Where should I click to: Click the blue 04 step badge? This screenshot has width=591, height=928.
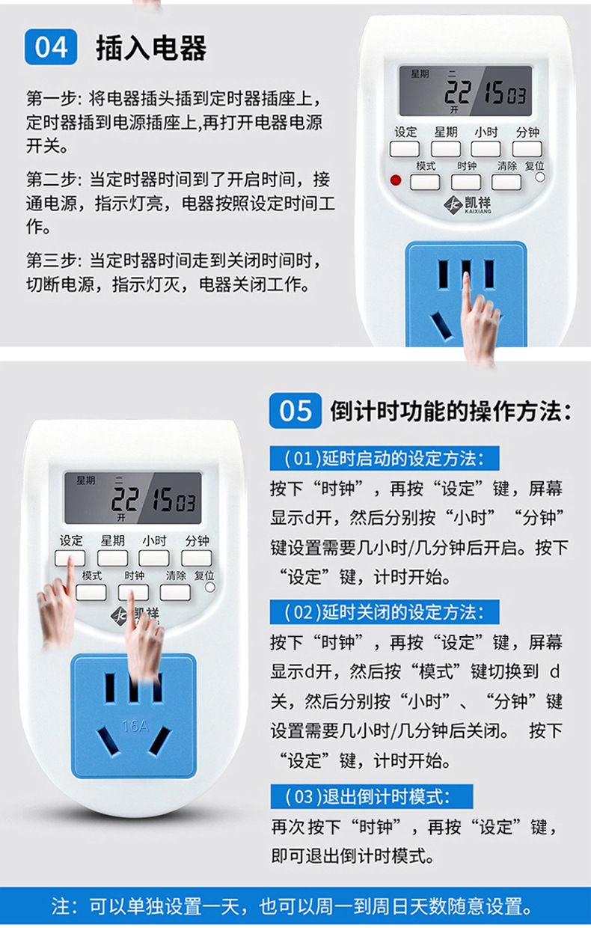tap(51, 47)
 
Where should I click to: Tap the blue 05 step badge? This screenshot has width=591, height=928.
tap(295, 411)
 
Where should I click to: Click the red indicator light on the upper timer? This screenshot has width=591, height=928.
tap(396, 180)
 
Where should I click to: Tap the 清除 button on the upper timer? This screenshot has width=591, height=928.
tap(506, 182)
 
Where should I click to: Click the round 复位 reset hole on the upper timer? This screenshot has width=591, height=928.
tap(540, 177)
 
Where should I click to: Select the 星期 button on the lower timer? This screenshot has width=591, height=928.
tap(113, 558)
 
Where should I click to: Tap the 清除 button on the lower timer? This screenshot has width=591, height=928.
tap(175, 593)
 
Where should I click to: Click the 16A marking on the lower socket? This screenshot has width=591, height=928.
tap(135, 725)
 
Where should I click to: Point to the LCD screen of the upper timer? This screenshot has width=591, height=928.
tap(465, 91)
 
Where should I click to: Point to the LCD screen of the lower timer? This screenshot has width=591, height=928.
tap(133, 498)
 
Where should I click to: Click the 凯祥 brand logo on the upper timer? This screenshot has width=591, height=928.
tap(468, 204)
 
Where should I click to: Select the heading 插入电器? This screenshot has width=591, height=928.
tap(151, 48)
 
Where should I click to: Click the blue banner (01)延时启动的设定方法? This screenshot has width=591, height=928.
tap(385, 458)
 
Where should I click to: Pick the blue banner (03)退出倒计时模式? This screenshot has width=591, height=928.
tap(371, 796)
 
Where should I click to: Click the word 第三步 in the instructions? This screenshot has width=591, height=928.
tap(52, 261)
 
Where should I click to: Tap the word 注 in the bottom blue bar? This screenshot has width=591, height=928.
tap(60, 906)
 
